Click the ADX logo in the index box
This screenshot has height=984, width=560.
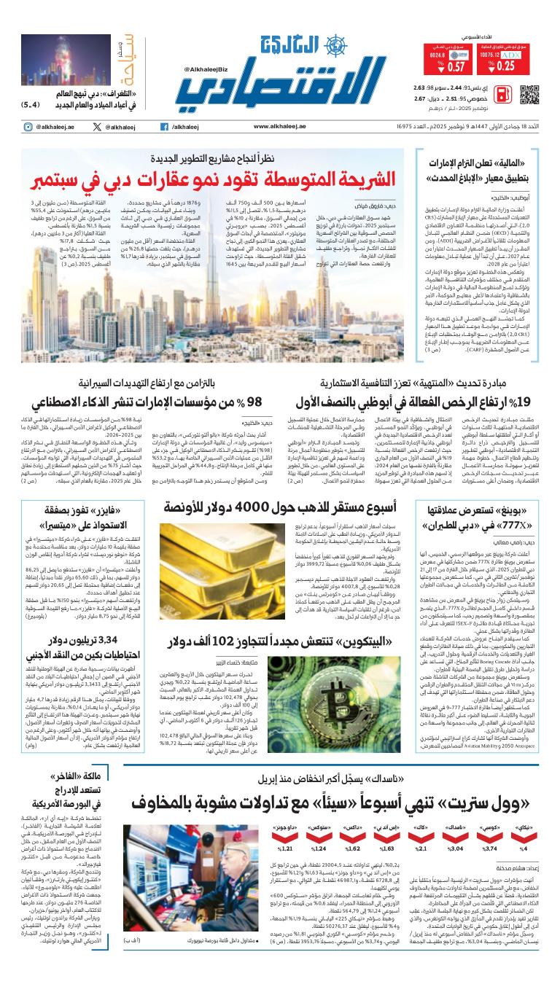[513, 55]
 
